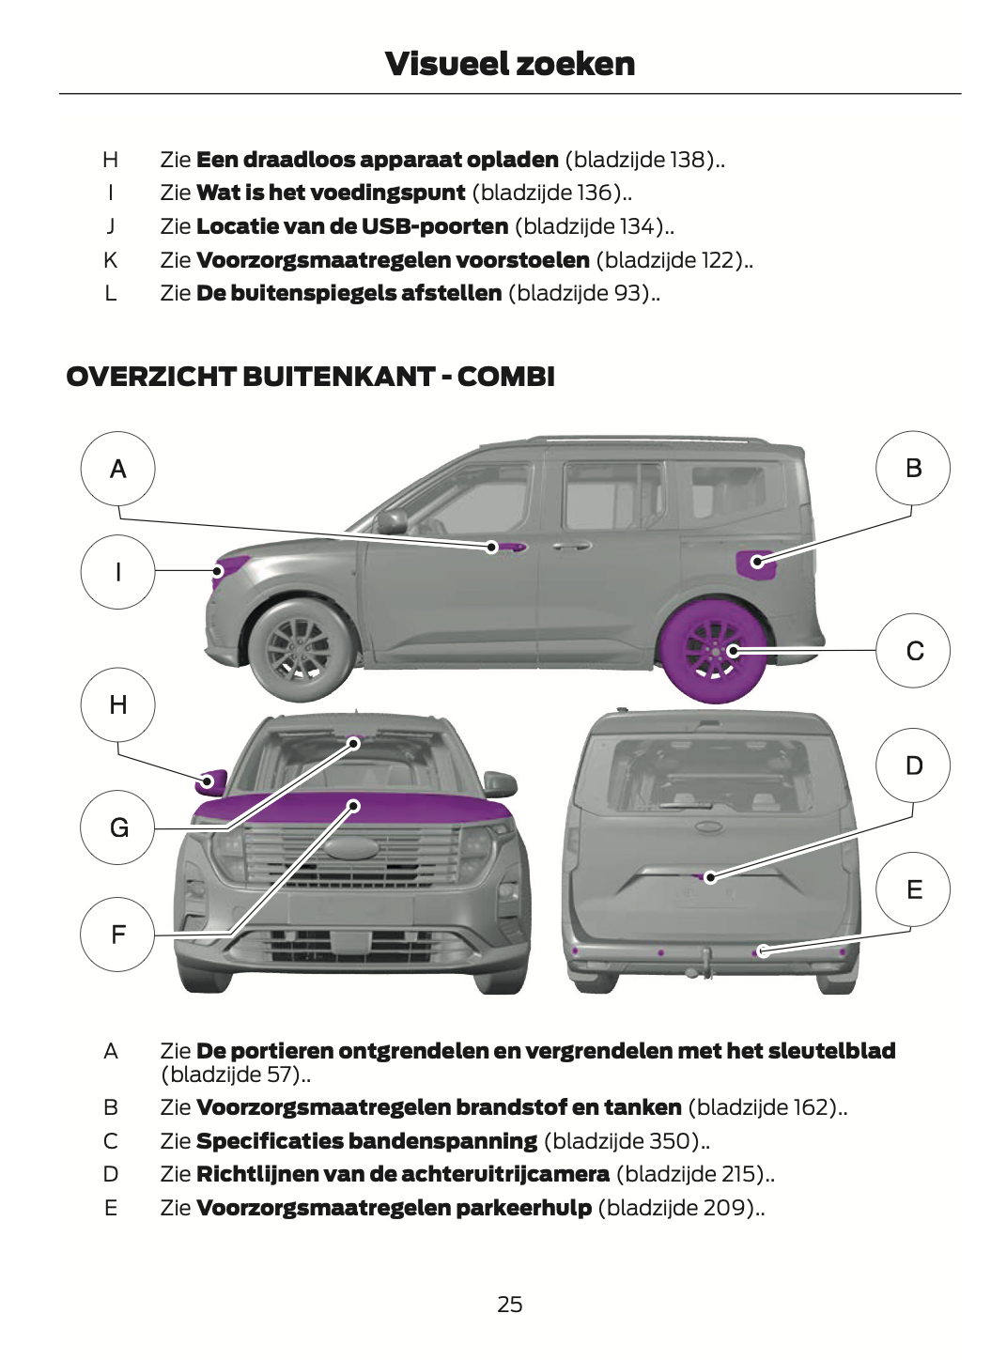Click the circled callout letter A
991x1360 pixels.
(118, 469)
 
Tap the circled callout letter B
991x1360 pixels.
(913, 468)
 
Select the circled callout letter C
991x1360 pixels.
(914, 650)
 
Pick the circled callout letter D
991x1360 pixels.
(914, 765)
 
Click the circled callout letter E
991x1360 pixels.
(914, 889)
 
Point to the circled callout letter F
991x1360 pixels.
(118, 934)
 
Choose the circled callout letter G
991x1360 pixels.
(118, 827)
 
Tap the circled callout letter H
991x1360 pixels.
(118, 704)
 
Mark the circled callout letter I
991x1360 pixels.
(118, 571)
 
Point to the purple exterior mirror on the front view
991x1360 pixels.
(211, 781)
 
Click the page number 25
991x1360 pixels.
(510, 1304)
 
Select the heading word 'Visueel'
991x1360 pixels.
(439, 64)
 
